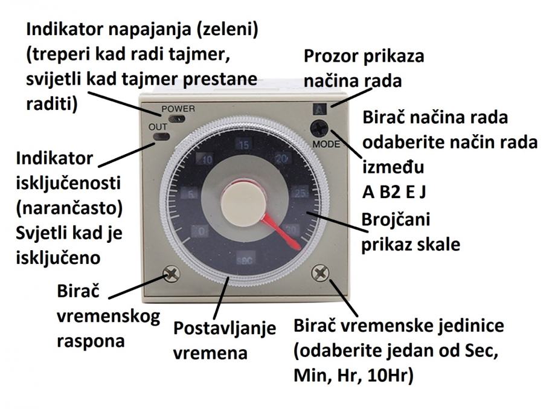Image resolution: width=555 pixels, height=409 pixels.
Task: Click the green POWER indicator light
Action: pos(178,119)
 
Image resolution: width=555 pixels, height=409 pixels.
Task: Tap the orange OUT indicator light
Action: pos(161,137)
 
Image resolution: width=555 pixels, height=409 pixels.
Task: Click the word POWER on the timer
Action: pos(178,109)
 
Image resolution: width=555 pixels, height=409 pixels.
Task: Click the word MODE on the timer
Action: pos(326,145)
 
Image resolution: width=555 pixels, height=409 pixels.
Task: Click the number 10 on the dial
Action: pos(207,160)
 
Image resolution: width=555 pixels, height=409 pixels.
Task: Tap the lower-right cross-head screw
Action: pos(319,275)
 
